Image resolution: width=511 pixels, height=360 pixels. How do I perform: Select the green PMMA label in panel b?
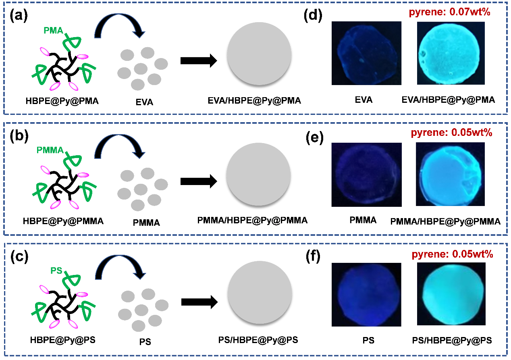click(x=50, y=150)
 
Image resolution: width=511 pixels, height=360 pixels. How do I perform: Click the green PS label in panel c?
click(x=56, y=271)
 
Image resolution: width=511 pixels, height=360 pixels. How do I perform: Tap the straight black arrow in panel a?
click(x=199, y=61)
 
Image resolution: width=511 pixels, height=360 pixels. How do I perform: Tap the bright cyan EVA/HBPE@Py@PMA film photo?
click(x=448, y=53)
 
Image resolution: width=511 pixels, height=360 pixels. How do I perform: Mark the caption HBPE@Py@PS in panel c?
click(x=62, y=340)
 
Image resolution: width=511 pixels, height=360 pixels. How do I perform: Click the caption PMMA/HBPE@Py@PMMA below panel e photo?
click(x=445, y=221)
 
